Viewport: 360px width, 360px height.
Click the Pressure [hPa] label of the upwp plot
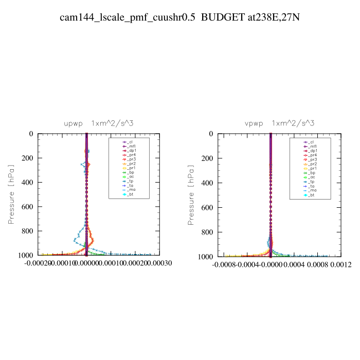pyautogui.click(x=11, y=194)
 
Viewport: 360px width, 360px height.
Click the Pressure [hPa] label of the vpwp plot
pyautogui.click(x=191, y=194)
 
